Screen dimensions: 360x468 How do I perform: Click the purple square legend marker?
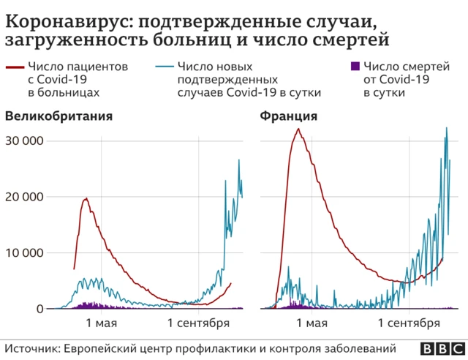pos(355,67)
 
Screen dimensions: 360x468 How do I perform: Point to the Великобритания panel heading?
pos(59,116)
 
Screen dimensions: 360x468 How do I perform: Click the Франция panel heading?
pos(289,116)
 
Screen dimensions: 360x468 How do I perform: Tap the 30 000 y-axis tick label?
pos(23,140)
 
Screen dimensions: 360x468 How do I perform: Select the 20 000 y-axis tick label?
pos(23,197)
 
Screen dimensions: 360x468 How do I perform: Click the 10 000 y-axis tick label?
pos(23,253)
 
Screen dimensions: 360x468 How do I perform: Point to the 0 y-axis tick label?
pos(41,310)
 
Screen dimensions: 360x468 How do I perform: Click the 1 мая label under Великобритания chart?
pos(102,323)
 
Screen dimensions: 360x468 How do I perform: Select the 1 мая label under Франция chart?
pos(312,323)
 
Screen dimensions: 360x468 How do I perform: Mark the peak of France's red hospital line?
pos(298,130)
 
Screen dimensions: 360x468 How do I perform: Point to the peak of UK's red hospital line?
pos(87,198)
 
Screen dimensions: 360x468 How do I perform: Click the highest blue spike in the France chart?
pos(447,129)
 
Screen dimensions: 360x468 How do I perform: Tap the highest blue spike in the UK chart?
pos(238,160)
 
